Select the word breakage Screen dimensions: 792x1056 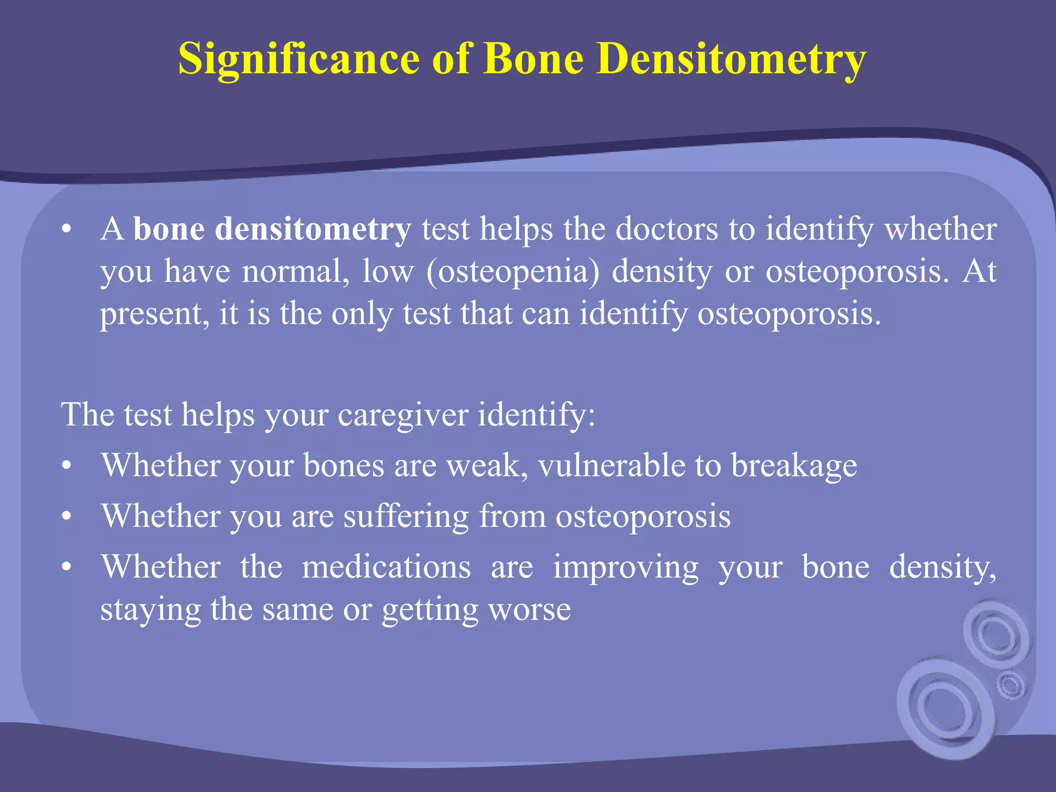pyautogui.click(x=794, y=466)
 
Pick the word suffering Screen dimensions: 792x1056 pyautogui.click(x=406, y=516)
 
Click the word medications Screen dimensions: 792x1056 pyautogui.click(x=386, y=567)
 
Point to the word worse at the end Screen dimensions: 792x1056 pyautogui.click(x=530, y=609)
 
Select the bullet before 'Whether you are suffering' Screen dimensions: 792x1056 pyautogui.click(x=66, y=517)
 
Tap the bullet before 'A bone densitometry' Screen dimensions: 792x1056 pyautogui.click(x=66, y=230)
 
